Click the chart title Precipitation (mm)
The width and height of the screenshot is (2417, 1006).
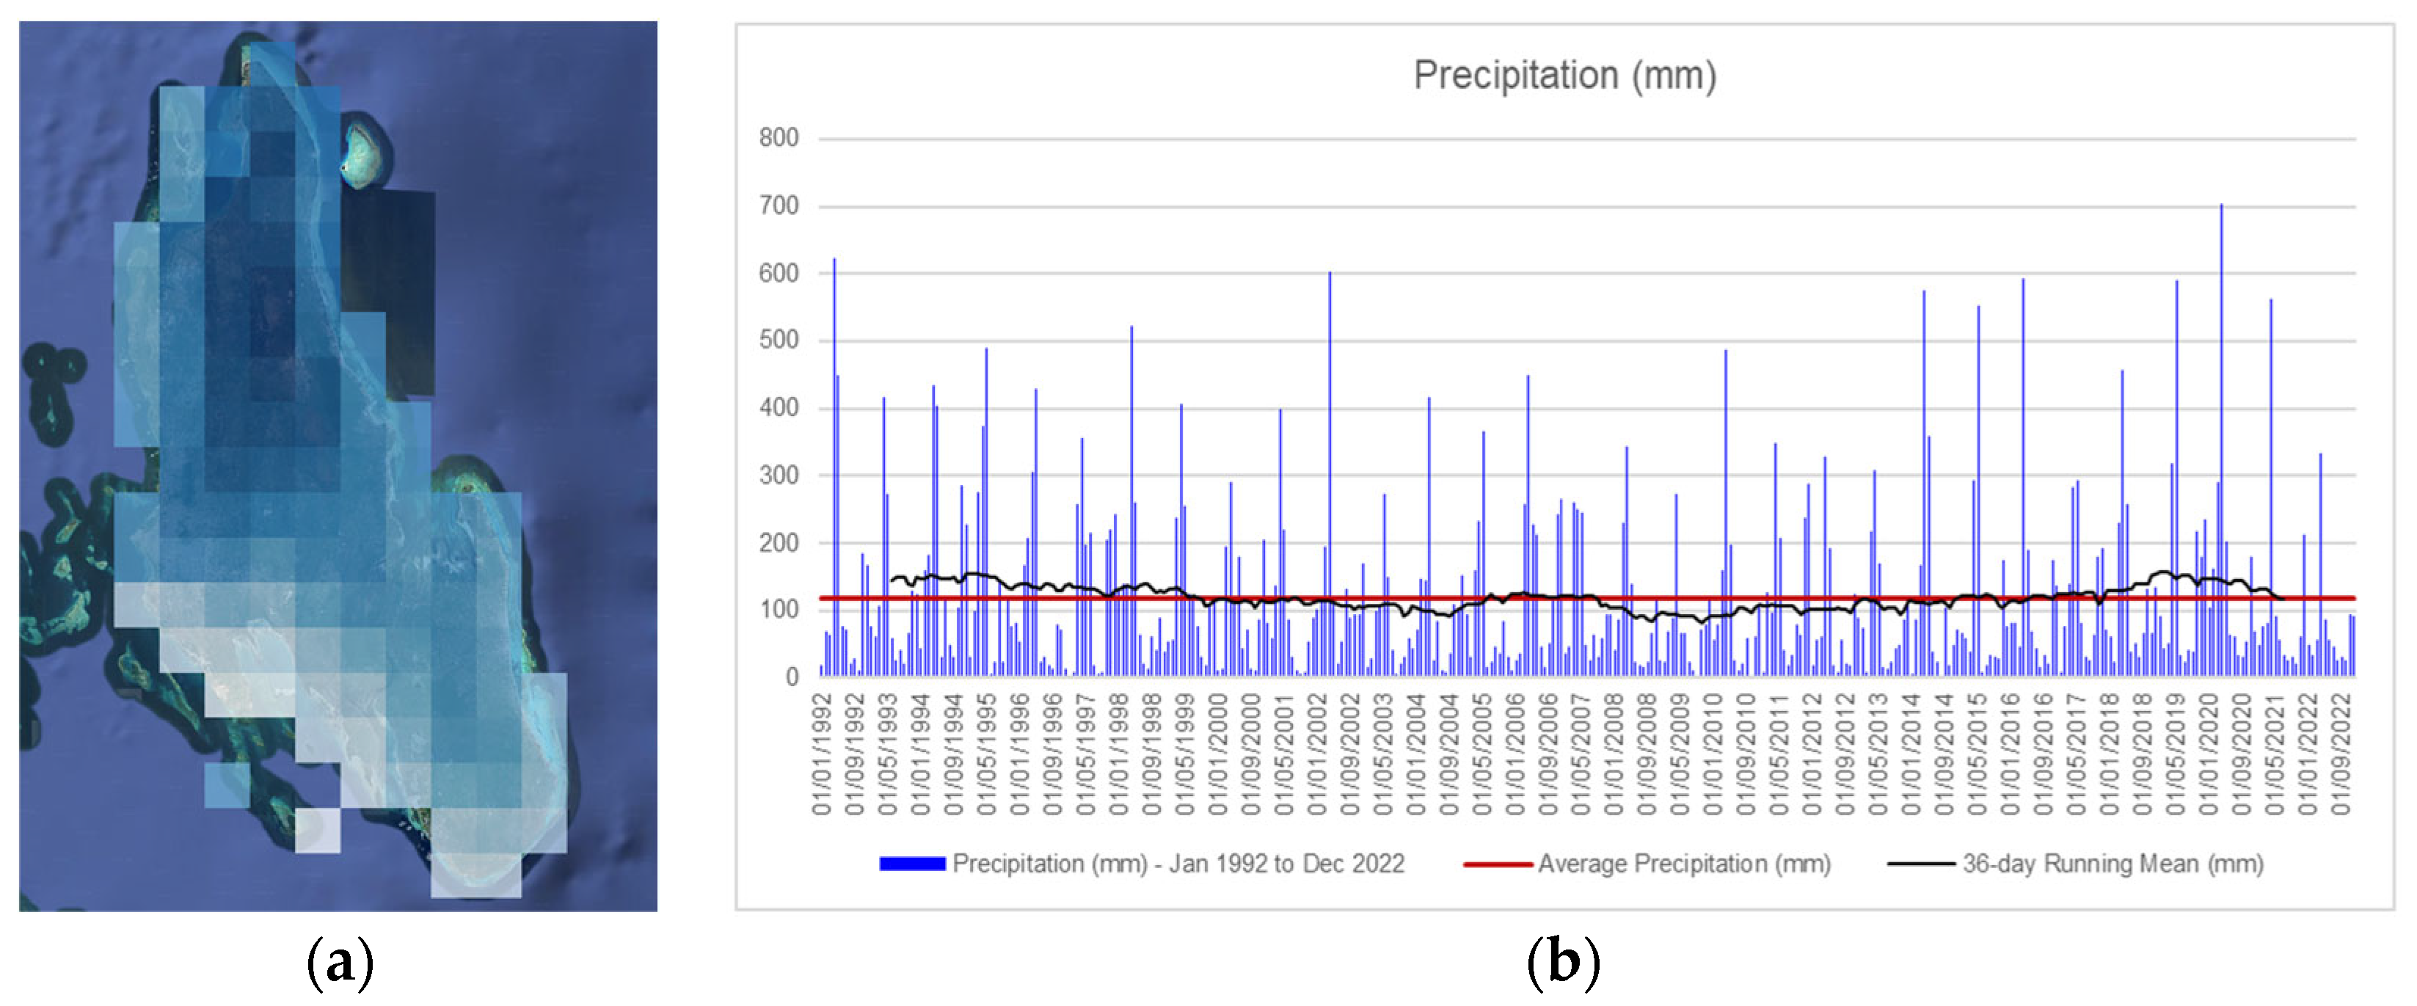(1564, 75)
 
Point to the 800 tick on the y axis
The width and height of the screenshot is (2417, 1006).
(778, 138)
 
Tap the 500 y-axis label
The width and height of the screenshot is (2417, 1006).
(778, 340)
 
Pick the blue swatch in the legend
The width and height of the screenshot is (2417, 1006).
(911, 864)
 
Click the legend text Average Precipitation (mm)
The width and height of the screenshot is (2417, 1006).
(1683, 864)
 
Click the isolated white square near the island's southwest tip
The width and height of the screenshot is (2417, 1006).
(317, 830)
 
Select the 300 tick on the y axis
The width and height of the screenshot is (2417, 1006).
(778, 475)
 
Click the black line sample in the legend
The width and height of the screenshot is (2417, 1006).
(1921, 864)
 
